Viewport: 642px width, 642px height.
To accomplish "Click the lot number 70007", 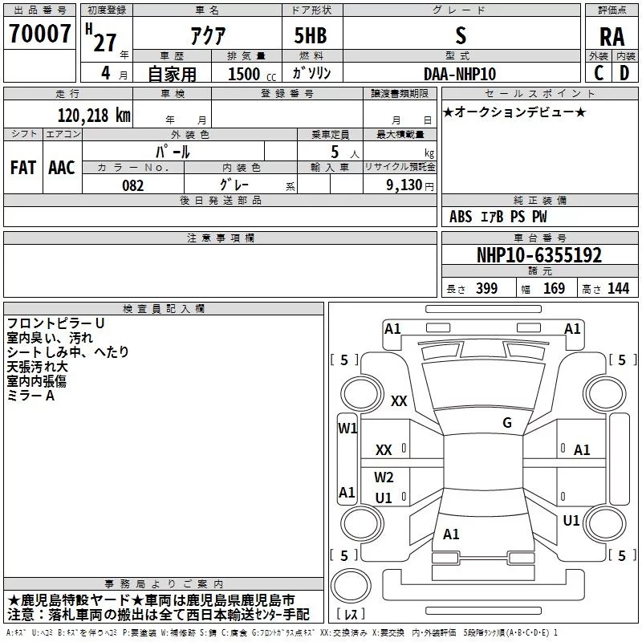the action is pos(39,34).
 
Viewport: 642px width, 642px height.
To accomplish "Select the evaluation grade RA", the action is pos(612,37).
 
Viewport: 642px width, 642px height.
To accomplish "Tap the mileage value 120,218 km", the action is pos(94,116).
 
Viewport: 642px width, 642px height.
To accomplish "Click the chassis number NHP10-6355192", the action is pos(539,255).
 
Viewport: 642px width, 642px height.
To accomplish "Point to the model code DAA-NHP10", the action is pos(460,74).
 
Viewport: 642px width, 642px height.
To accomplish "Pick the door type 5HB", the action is pos(311,35).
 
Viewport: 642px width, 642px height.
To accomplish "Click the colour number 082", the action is pos(133,185).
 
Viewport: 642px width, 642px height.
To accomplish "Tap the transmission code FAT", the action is pos(23,168).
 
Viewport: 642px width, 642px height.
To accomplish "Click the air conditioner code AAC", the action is pos(62,168).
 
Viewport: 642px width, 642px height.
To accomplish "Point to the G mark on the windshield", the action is pos(507,423).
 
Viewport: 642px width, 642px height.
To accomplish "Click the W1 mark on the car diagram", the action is pos(347,429).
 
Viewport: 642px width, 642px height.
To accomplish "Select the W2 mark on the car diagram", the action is pos(384,477).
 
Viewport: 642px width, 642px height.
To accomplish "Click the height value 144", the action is pos(618,288).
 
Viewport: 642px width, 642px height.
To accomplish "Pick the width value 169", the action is pos(554,288).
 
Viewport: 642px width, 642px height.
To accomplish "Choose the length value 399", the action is pos(487,288).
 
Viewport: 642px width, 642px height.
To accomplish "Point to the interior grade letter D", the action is pos(624,73).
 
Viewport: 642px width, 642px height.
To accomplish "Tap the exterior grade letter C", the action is pos(599,73).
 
